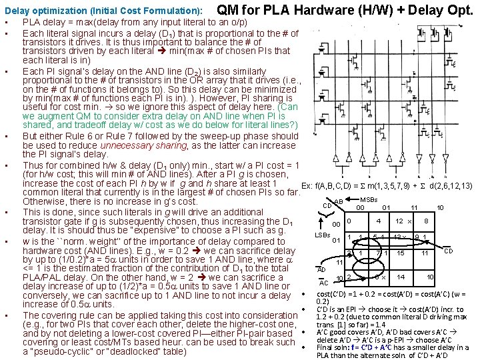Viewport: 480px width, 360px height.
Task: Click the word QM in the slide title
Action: pyautogui.click(x=230, y=10)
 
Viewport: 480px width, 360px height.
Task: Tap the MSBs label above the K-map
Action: pyautogui.click(x=368, y=199)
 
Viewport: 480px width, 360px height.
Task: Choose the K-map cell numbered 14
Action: pyautogui.click(x=401, y=277)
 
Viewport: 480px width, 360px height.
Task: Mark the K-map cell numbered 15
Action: pyautogui.click(x=401, y=253)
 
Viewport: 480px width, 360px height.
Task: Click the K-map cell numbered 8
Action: pyautogui.click(x=425, y=221)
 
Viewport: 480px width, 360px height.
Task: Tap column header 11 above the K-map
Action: pyautogui.click(x=413, y=207)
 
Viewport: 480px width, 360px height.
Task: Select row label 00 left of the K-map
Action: pyautogui.click(x=337, y=224)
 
